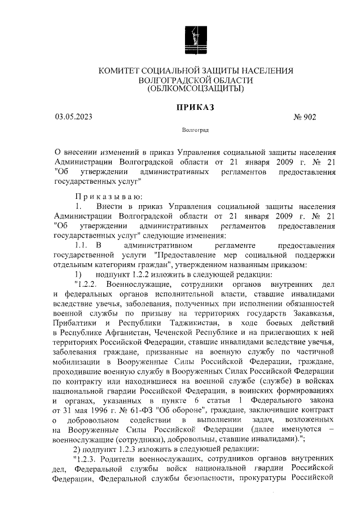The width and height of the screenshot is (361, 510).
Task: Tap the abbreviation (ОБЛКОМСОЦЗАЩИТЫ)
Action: pos(196,88)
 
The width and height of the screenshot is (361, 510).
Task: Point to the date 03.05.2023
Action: pos(73,117)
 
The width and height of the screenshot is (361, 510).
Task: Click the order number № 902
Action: pos(305,117)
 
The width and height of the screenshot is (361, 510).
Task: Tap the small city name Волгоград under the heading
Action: pos(196,130)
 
